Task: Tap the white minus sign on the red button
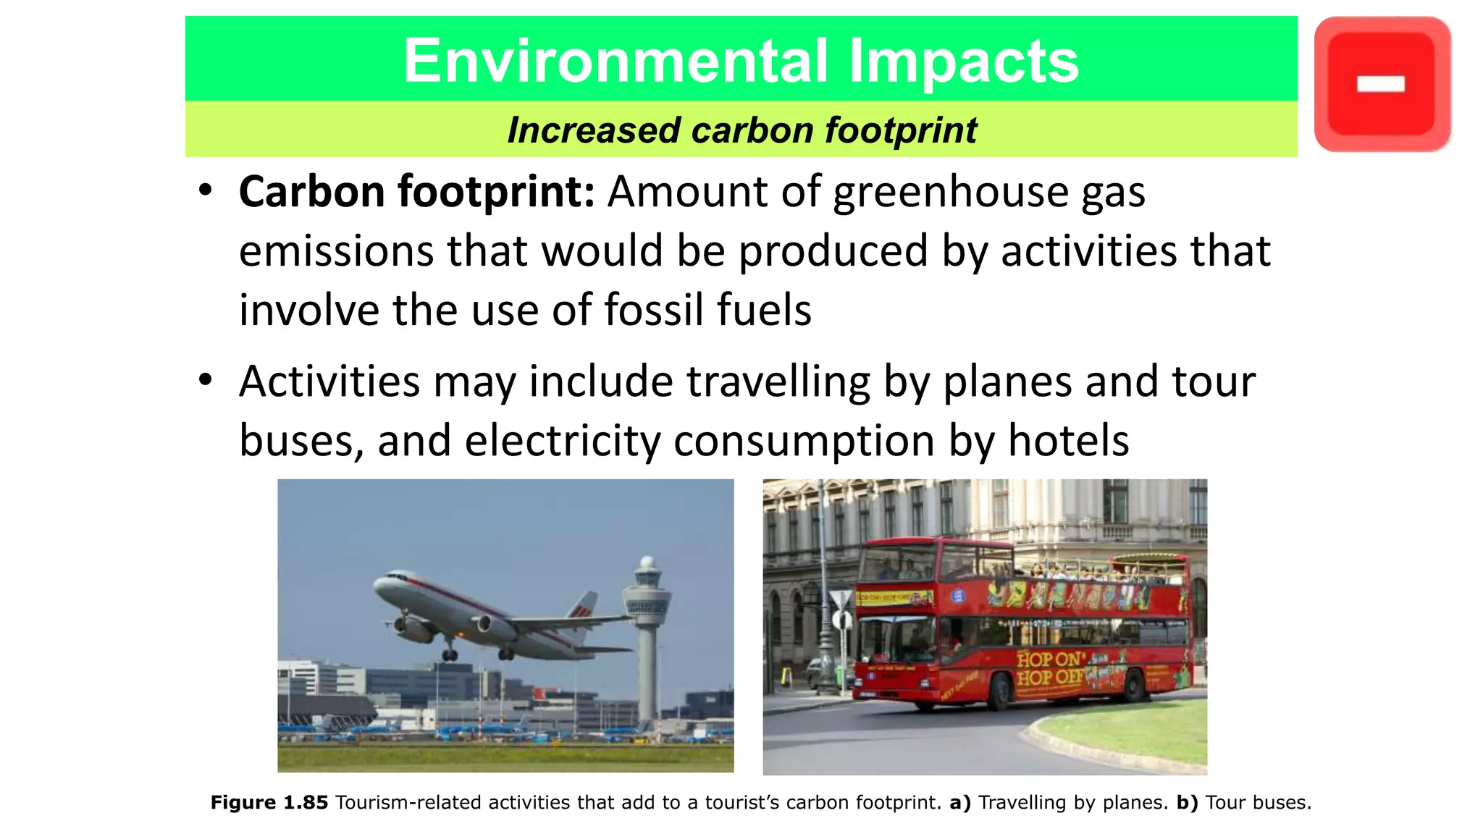click(1381, 85)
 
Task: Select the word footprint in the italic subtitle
click(901, 130)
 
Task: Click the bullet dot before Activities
click(206, 379)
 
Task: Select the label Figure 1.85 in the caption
click(269, 803)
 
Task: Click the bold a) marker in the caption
click(959, 803)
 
